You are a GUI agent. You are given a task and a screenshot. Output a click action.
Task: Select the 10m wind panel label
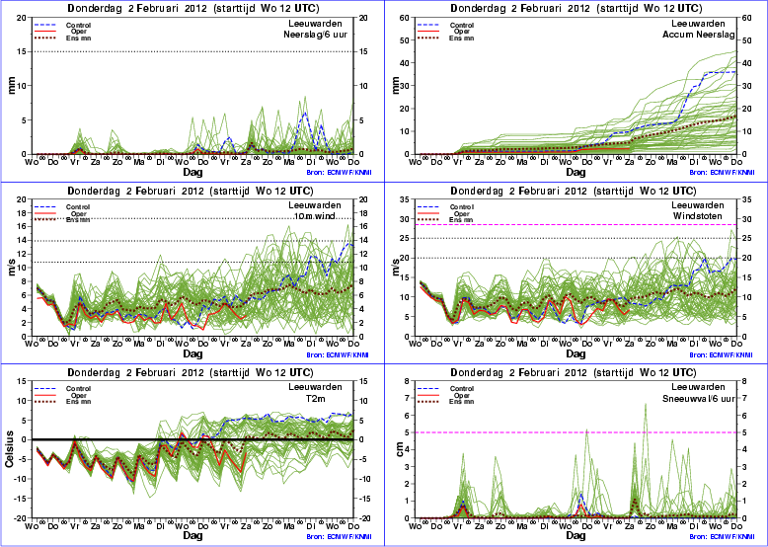[x=325, y=217]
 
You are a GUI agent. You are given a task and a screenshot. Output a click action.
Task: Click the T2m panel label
[x=337, y=399]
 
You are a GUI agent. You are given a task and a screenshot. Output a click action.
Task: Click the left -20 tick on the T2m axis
[x=20, y=518]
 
